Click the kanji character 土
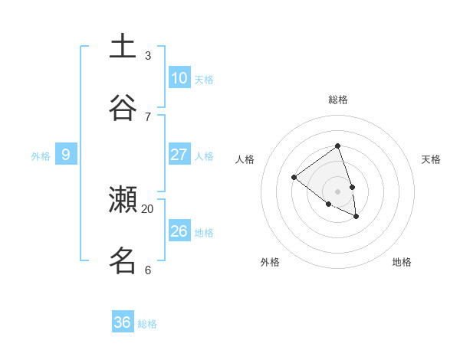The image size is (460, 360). (123, 46)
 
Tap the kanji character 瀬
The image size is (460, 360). (123, 200)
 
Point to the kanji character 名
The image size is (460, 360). (123, 260)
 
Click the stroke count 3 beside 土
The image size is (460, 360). (148, 56)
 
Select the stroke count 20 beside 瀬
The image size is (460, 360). (148, 208)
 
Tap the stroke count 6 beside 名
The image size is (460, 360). (148, 270)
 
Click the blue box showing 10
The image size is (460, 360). (179, 78)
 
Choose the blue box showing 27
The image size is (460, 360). (179, 155)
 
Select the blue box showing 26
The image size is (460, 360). (179, 231)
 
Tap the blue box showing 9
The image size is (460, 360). (66, 155)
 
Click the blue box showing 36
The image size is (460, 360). (123, 322)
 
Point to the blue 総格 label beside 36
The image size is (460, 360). (147, 324)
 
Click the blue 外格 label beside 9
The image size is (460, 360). (41, 156)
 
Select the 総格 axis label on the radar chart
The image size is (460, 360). (338, 100)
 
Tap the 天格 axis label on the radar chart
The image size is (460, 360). (432, 159)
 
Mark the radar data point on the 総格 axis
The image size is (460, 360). (337, 146)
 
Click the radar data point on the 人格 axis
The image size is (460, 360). (294, 178)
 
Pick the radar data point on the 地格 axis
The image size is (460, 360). (356, 217)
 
